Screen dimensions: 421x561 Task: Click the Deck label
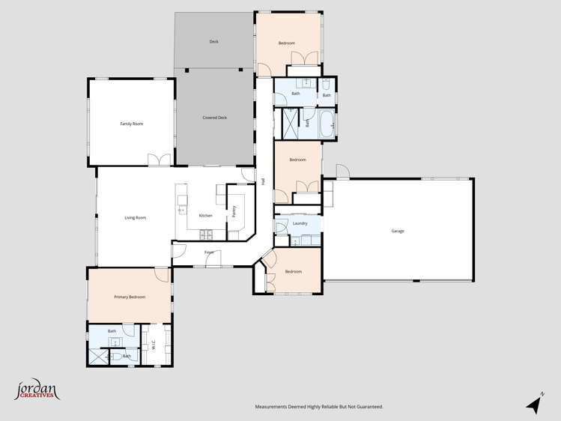coord(213,42)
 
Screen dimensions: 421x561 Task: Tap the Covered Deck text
coord(214,118)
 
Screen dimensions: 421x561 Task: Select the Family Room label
coord(132,124)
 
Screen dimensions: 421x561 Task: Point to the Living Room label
coord(135,218)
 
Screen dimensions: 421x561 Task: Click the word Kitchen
coord(205,216)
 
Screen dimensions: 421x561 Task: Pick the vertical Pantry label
coord(234,212)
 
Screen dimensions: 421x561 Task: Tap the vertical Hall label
coord(264,181)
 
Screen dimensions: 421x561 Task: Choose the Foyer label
coord(210,252)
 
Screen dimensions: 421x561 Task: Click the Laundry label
coord(300,223)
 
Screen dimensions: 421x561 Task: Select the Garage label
coord(398,231)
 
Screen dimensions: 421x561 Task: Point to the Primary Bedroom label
coord(130,297)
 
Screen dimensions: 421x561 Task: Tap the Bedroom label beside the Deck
coord(286,43)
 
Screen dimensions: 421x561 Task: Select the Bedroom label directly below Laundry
coord(294,271)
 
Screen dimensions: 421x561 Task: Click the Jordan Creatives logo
coord(37,390)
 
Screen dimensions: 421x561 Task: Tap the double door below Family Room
coord(159,160)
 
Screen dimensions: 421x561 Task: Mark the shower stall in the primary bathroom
coord(100,356)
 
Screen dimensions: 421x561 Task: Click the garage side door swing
coord(342,172)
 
